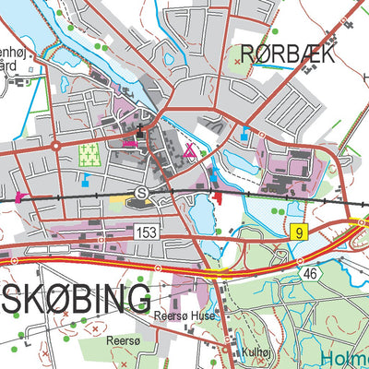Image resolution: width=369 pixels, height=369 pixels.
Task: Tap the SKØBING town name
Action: click(x=75, y=299)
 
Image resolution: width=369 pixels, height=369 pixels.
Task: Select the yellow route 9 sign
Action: click(x=298, y=232)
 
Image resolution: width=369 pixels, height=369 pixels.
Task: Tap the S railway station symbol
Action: click(x=141, y=192)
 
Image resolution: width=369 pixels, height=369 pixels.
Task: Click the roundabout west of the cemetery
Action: click(x=56, y=145)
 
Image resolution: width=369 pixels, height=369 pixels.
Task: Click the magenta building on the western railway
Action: click(x=18, y=196)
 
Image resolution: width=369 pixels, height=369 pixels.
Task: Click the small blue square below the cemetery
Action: click(x=86, y=179)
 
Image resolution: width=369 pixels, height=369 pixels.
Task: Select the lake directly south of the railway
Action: click(x=200, y=215)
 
